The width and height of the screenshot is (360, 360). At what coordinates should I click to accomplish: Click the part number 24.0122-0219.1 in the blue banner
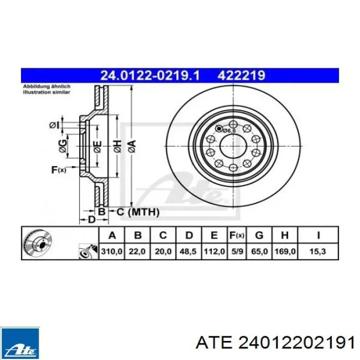tap(150, 75)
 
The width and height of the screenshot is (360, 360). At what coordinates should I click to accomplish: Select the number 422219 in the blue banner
tap(242, 75)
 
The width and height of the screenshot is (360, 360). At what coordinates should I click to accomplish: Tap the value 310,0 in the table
tap(112, 251)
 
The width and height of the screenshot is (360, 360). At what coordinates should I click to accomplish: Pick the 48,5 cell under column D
tap(188, 251)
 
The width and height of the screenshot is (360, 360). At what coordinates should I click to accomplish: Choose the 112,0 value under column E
tap(214, 251)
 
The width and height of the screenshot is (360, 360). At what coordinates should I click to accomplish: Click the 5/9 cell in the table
tap(237, 251)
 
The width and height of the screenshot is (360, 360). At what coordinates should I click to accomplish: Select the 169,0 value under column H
tap(285, 251)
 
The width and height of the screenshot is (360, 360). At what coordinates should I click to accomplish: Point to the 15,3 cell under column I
tap(318, 251)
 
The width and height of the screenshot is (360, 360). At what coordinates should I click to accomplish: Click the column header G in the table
tap(259, 236)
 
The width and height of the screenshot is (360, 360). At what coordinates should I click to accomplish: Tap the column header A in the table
tap(112, 236)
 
